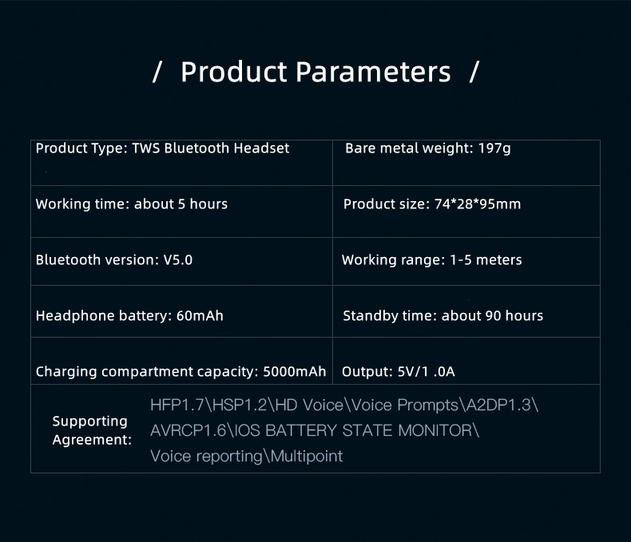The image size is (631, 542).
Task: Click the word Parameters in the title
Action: tap(373, 72)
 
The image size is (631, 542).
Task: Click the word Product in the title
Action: tap(234, 72)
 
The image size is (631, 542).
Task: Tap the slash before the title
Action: tap(157, 72)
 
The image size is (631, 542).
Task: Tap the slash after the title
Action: tap(474, 72)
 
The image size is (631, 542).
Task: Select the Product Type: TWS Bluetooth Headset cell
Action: tap(181, 163)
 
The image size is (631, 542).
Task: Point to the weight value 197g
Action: tap(494, 148)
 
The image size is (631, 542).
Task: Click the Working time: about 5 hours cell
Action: tap(181, 212)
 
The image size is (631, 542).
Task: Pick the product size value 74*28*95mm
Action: tap(478, 204)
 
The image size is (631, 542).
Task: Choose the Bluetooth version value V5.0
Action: tap(178, 259)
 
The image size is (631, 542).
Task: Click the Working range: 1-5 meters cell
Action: tap(466, 261)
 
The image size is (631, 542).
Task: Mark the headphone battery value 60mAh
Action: tap(200, 315)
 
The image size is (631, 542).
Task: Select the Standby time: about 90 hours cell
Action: tap(466, 311)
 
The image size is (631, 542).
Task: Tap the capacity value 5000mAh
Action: tap(295, 371)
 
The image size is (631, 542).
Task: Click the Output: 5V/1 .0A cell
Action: tap(466, 361)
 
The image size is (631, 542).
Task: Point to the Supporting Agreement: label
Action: tap(92, 430)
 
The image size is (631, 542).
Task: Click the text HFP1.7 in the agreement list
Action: tap(177, 405)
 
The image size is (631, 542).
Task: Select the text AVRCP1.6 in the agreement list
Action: tap(189, 430)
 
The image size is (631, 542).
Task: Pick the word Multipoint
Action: tap(307, 457)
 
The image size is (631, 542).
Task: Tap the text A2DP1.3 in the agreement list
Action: tap(498, 405)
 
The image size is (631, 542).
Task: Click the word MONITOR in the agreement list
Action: tap(435, 430)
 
